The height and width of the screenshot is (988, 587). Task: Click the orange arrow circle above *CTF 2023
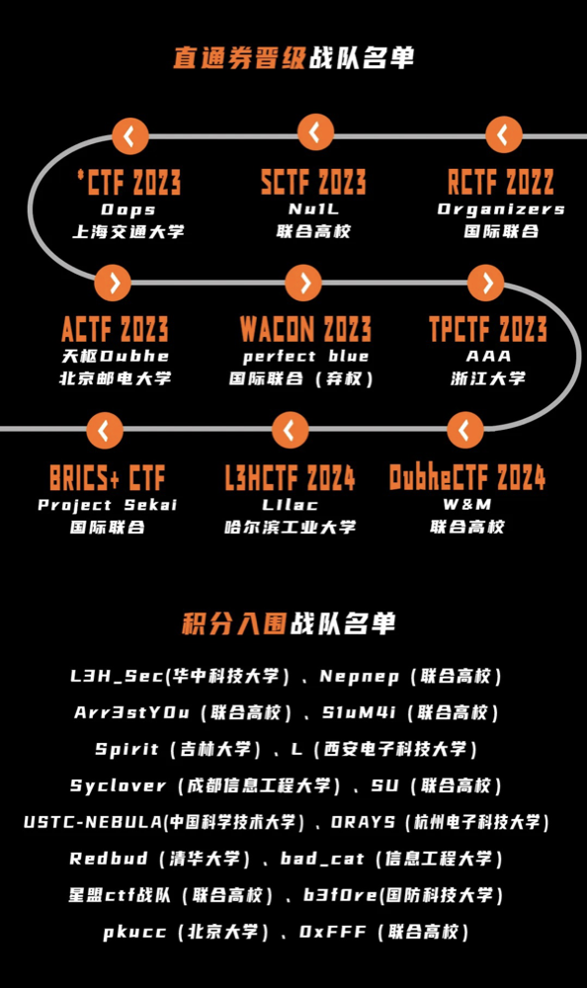point(130,135)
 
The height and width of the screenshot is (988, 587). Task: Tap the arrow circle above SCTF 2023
point(315,132)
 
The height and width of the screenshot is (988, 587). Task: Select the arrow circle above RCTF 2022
point(504,134)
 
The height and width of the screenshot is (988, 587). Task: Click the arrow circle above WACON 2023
point(303,283)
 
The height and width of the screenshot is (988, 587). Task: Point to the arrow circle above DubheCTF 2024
point(465,430)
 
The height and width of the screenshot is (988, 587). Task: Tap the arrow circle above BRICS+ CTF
point(105,431)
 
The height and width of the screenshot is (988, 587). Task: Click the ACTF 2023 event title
point(115,328)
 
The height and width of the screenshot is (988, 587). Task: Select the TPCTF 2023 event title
point(488,328)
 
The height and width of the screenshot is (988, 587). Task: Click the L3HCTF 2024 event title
point(290,477)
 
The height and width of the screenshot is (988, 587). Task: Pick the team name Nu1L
point(313,209)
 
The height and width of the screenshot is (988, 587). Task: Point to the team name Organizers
point(501,209)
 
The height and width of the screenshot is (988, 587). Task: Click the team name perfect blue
point(305,357)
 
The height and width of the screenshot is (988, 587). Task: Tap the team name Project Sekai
point(108,505)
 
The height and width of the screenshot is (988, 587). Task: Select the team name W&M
point(467,504)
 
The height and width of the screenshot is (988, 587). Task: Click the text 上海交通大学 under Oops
point(128,232)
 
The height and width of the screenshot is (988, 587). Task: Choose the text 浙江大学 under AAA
point(488,378)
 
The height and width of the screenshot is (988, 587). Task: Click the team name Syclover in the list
point(118,785)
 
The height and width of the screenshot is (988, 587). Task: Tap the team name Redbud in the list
point(109,859)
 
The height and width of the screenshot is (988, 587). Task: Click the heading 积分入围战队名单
point(289,623)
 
